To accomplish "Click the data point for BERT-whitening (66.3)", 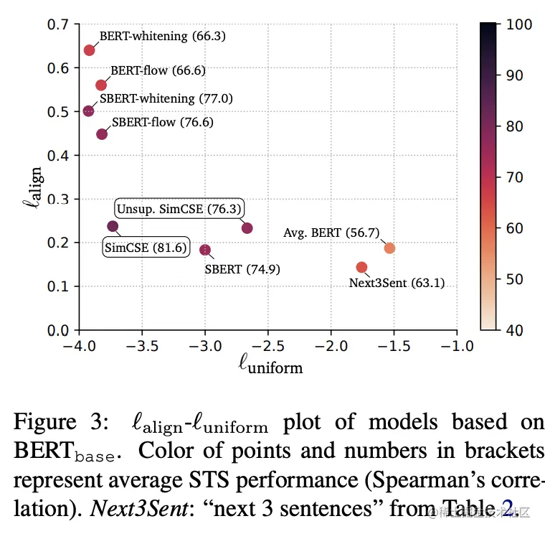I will pyautogui.click(x=90, y=50).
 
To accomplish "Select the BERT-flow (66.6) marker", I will pyautogui.click(x=101, y=85).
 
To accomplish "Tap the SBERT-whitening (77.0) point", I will pyautogui.click(x=88, y=111).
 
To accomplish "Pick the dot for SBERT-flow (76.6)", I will pyautogui.click(x=102, y=134).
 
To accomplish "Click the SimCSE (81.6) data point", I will pyautogui.click(x=113, y=226).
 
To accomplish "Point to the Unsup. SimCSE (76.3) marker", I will pyautogui.click(x=247, y=228).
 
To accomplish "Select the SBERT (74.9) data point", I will pyautogui.click(x=205, y=250).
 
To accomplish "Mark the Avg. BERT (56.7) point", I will pyautogui.click(x=389, y=248).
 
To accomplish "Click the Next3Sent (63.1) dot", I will pyautogui.click(x=361, y=267).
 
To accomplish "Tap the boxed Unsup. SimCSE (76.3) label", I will pyautogui.click(x=179, y=210).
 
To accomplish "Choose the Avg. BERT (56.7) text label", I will pyautogui.click(x=331, y=233).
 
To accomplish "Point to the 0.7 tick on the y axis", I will pyautogui.click(x=60, y=24).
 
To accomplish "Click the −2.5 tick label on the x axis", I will pyautogui.click(x=268, y=346).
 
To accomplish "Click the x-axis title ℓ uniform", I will pyautogui.click(x=270, y=366).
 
